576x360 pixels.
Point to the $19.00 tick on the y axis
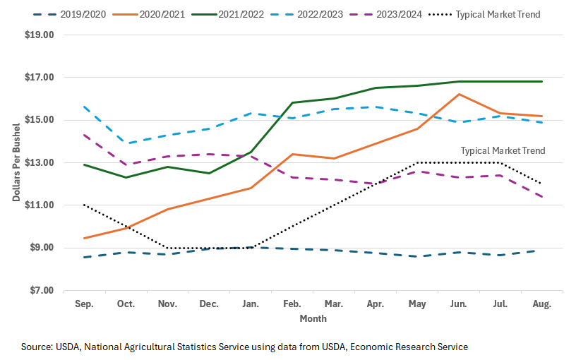40,35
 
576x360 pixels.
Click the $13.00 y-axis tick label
40,162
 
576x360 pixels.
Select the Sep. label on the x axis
85,303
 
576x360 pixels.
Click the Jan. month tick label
251,303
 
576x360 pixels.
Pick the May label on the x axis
418,303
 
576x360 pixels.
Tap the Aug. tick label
542,303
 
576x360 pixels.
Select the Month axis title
313,318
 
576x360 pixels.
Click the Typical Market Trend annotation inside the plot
503,150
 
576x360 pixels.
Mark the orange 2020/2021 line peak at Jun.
460,94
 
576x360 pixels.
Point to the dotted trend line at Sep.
85,205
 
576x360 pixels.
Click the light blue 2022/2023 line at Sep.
85,107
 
